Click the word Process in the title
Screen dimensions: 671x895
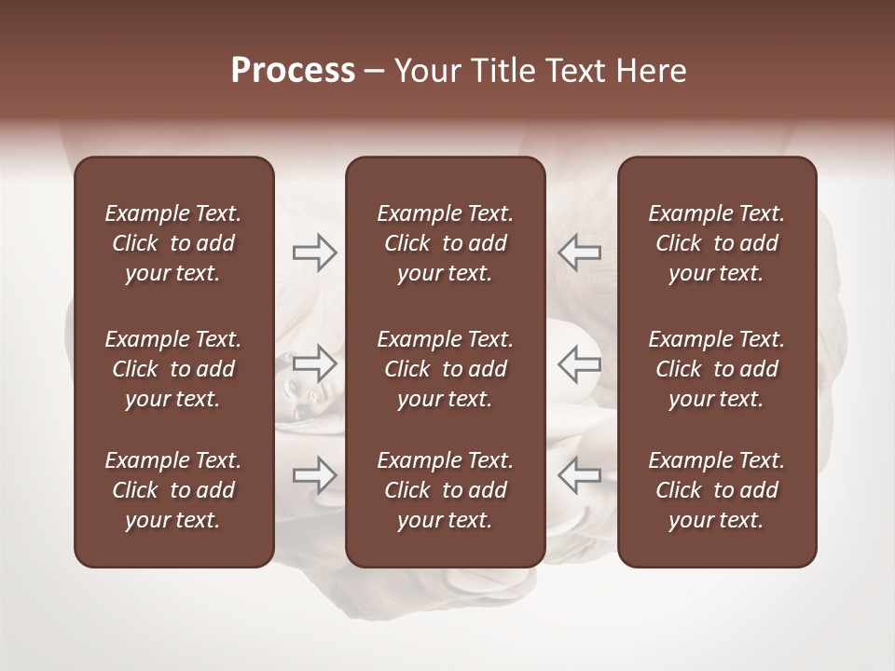click(293, 71)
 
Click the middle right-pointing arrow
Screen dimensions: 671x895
click(315, 363)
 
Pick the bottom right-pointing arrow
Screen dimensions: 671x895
click(315, 475)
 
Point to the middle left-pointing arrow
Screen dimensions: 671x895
click(580, 363)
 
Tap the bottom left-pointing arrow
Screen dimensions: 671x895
click(580, 475)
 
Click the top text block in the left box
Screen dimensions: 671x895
click(173, 243)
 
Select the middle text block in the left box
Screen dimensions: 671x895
click(173, 369)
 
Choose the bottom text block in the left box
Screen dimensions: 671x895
click(173, 490)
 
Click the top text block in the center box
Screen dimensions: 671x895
click(445, 243)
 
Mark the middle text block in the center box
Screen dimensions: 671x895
click(445, 369)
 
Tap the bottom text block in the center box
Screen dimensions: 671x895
click(445, 490)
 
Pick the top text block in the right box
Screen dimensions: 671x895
click(716, 243)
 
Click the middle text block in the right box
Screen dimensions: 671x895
click(716, 369)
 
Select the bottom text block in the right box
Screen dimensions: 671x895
click(716, 490)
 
